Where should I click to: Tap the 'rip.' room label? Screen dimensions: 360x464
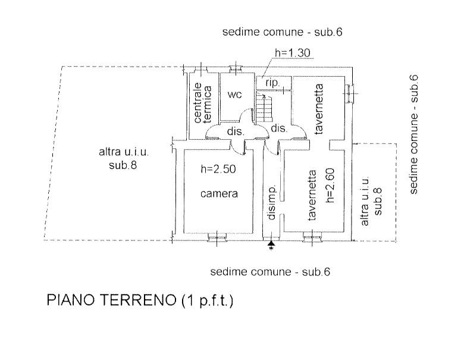tap(273, 82)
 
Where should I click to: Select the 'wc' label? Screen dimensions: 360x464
tap(234, 95)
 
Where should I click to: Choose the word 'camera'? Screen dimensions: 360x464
tap(219, 193)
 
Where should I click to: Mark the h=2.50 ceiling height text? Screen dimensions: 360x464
tap(218, 169)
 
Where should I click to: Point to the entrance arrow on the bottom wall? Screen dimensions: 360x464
tap(271, 244)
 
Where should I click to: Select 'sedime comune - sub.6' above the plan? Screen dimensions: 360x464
tap(283, 32)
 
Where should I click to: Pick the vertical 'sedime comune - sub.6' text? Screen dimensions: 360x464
tap(415, 134)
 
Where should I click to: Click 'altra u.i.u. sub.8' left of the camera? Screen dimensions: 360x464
tap(123, 158)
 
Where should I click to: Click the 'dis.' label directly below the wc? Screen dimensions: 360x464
tap(233, 130)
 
